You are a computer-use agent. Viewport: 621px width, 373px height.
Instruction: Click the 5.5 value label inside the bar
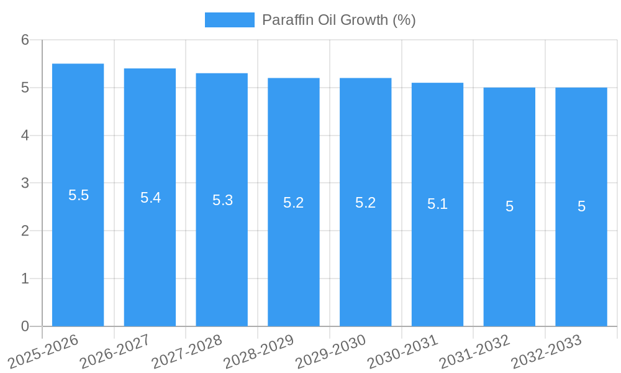click(x=78, y=195)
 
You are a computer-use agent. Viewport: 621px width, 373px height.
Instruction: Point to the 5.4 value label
click(x=150, y=198)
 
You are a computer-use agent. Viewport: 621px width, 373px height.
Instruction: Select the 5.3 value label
click(x=222, y=200)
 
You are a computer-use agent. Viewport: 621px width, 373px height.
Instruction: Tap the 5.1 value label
click(x=437, y=204)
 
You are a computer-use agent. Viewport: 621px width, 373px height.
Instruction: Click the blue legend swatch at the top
click(x=229, y=20)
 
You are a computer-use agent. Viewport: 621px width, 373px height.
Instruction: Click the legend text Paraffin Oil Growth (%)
click(x=338, y=20)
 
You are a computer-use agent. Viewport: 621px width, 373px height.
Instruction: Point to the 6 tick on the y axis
click(x=25, y=40)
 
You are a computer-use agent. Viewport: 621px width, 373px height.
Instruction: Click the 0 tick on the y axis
click(x=25, y=326)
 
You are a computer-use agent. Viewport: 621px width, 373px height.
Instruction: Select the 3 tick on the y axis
click(x=25, y=183)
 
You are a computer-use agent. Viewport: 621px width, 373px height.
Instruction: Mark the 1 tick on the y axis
click(x=25, y=279)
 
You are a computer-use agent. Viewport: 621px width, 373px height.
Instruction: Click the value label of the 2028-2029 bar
click(x=294, y=203)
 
